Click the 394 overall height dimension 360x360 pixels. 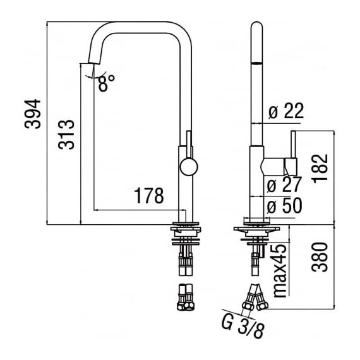click(33, 114)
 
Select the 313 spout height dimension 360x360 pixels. click(66, 135)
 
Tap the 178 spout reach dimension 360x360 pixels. click(149, 196)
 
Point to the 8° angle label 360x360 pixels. click(107, 83)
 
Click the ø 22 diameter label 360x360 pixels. click(286, 111)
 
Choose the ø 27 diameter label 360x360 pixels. click(284, 184)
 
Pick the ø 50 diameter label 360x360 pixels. click(284, 205)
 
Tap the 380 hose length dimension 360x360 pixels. click(320, 257)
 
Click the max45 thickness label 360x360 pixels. click(280, 271)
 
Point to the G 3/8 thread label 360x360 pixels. click(243, 327)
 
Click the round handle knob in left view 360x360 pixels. click(189, 167)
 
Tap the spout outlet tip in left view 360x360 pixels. click(94, 63)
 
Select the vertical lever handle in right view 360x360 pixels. click(294, 145)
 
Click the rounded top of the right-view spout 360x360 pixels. click(256, 27)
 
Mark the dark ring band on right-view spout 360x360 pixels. click(256, 63)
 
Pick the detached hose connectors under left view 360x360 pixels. click(186, 297)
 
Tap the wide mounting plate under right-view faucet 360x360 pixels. click(256, 229)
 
